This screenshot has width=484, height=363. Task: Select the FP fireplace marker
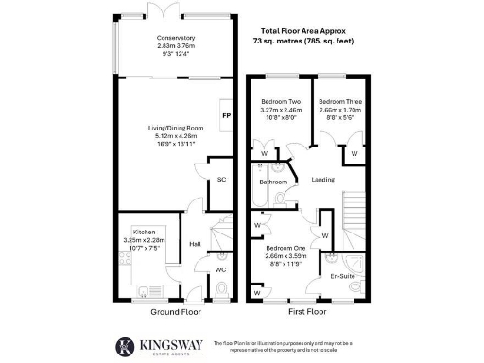226,115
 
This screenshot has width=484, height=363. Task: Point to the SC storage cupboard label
222,179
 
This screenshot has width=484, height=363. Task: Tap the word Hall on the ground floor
194,243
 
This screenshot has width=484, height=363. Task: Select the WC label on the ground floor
221,270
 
